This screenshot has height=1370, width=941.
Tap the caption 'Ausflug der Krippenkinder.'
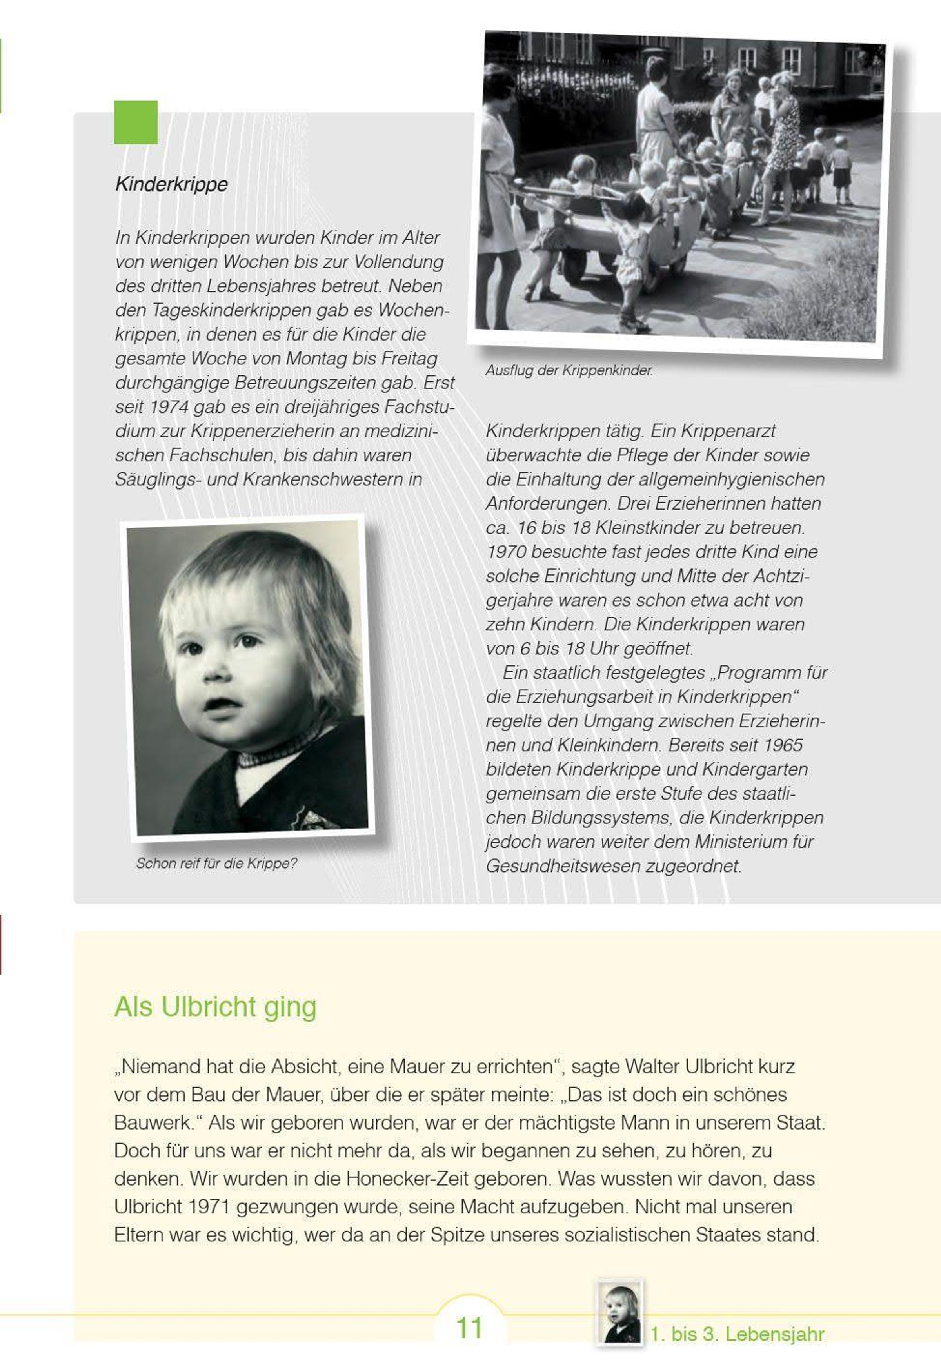pos(569,370)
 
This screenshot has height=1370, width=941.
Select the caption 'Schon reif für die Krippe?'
pos(216,863)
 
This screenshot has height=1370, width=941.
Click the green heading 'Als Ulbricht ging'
pos(215,1007)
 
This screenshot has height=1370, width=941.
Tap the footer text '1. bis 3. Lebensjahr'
pos(737,1335)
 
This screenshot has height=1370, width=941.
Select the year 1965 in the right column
pos(782,745)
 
